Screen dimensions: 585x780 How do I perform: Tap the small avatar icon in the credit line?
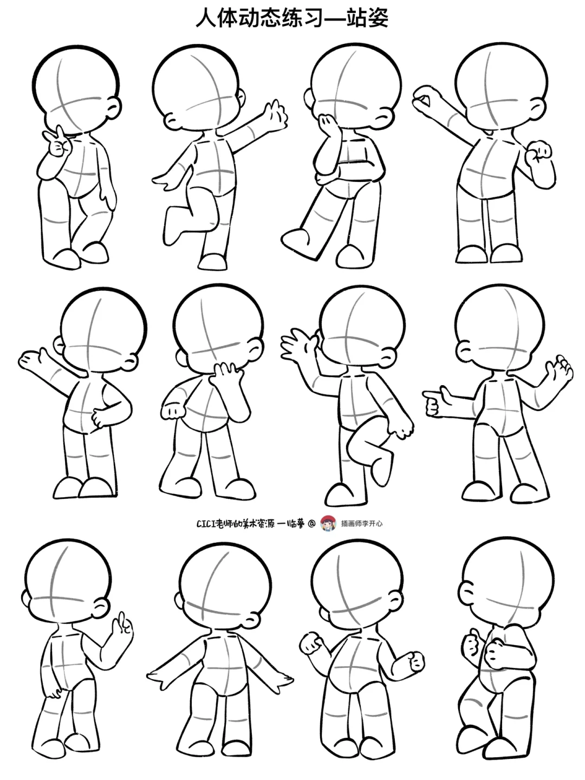(x=328, y=523)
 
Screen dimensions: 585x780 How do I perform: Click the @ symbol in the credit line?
(x=311, y=523)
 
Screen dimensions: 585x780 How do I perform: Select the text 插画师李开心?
(x=362, y=523)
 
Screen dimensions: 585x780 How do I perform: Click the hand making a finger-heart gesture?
(x=56, y=142)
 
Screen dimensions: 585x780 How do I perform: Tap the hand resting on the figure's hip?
(x=100, y=417)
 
